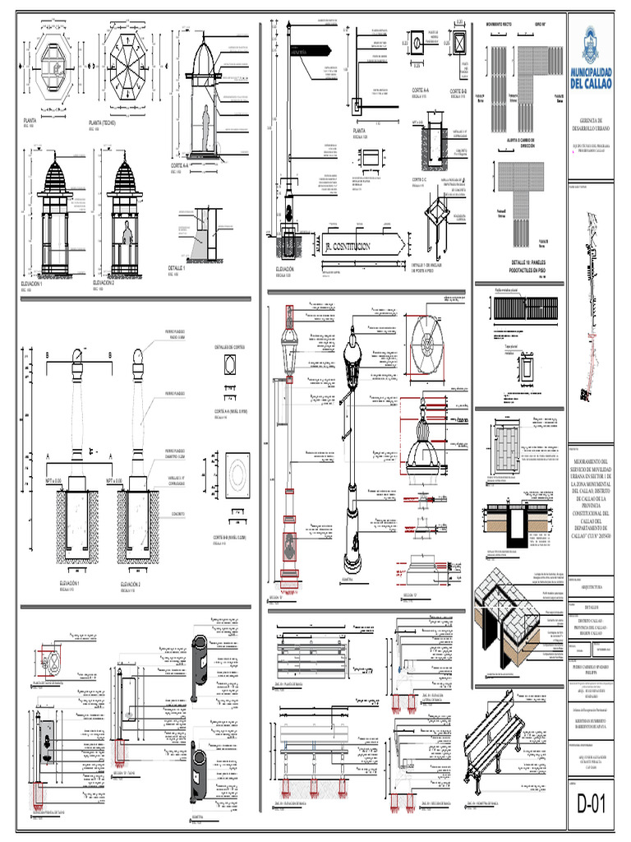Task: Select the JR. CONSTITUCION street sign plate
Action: point(360,246)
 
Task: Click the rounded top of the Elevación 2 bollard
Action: point(137,356)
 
